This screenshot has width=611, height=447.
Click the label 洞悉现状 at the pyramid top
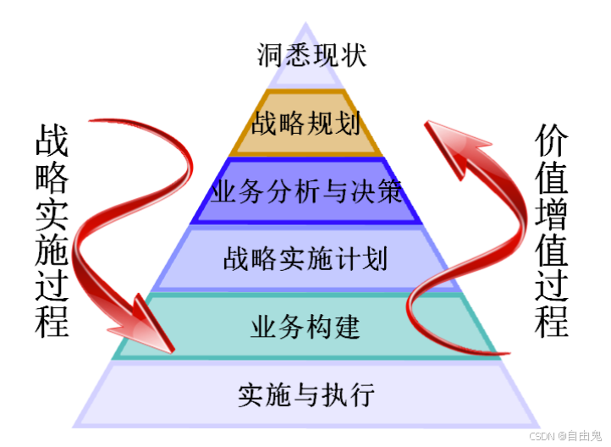point(306,57)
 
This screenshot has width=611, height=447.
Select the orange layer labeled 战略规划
point(306,124)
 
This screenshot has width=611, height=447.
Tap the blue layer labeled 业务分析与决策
point(306,191)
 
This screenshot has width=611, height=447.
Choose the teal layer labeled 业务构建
point(306,325)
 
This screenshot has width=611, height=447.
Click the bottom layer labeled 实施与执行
point(306,394)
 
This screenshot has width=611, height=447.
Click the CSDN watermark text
point(541,435)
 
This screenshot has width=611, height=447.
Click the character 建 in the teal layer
point(348,325)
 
